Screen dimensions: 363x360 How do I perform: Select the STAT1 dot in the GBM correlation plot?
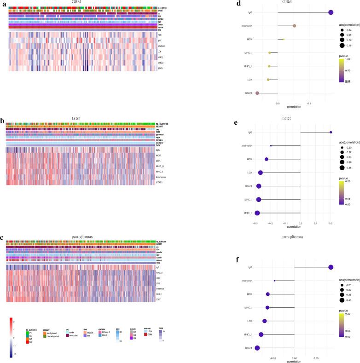[257, 93]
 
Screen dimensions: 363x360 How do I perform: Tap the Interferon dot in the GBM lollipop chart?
[294, 26]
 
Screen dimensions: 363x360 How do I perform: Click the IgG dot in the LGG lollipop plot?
[331, 133]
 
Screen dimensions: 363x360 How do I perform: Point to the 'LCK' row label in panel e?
[250, 173]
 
